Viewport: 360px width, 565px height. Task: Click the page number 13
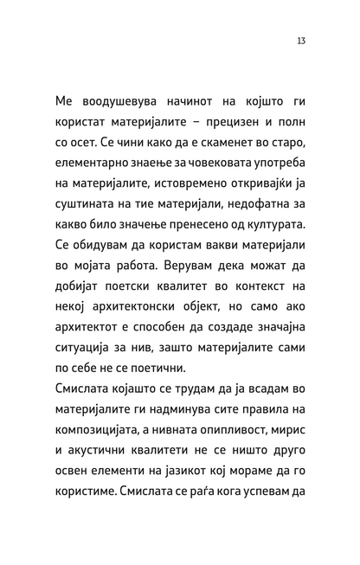(x=299, y=40)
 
